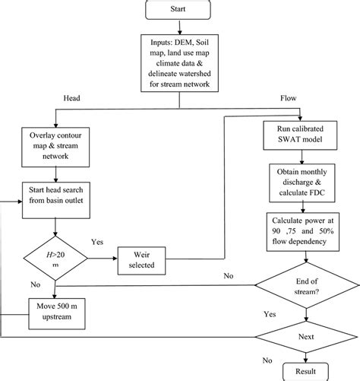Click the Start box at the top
pos(180,11)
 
